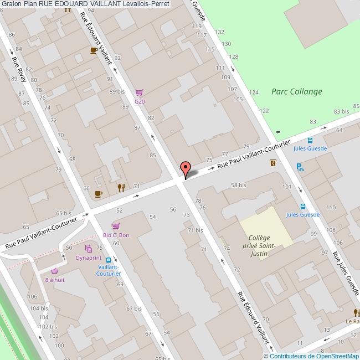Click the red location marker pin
(x=186, y=168)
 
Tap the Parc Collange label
(x=296, y=92)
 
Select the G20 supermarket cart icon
(x=140, y=93)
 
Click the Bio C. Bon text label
(x=116, y=235)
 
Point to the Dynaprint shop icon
(x=88, y=249)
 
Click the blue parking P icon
(x=300, y=166)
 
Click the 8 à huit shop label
(x=55, y=280)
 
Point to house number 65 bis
(x=64, y=213)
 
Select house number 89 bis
(x=117, y=91)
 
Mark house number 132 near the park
(x=220, y=32)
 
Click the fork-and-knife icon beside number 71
(x=121, y=187)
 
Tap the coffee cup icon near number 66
(x=98, y=193)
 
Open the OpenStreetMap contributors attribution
(x=314, y=356)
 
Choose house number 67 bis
(x=133, y=308)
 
